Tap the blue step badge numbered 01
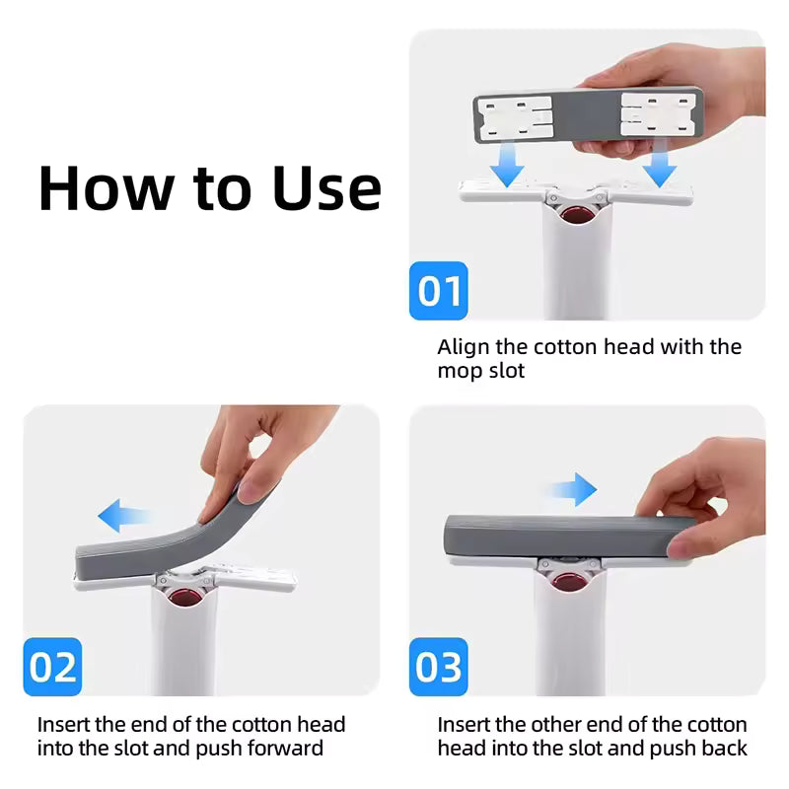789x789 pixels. [x=439, y=291]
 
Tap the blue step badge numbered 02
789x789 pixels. [x=53, y=668]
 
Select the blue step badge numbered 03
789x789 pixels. [x=439, y=668]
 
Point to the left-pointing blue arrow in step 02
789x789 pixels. [x=122, y=514]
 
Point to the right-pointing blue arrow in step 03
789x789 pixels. [x=573, y=488]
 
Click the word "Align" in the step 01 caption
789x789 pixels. [x=464, y=347]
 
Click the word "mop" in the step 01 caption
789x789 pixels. [x=460, y=372]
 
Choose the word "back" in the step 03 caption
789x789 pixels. [x=723, y=749]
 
